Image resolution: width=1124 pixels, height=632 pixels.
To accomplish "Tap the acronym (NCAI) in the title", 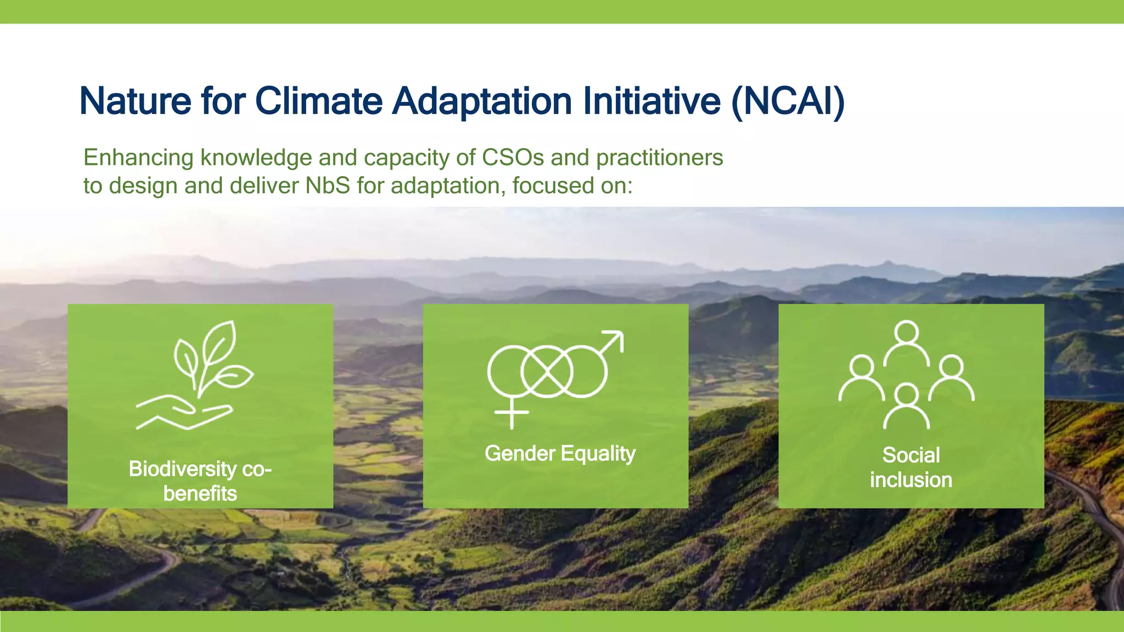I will [x=788, y=101].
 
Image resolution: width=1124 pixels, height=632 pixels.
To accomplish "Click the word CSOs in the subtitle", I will [x=513, y=158].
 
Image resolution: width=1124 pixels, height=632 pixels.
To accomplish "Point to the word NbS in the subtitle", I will [x=328, y=186].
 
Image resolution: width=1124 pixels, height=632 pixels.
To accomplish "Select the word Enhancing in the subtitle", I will [x=138, y=158].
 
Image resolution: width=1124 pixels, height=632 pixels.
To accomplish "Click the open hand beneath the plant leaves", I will [x=184, y=414].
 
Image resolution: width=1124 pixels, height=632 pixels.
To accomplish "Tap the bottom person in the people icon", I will [x=906, y=406].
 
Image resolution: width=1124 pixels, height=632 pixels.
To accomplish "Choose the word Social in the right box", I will [x=911, y=455].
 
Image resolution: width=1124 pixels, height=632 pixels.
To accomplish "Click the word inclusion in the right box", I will [x=911, y=480].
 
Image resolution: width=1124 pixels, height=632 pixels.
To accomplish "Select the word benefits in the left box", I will [x=200, y=494].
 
